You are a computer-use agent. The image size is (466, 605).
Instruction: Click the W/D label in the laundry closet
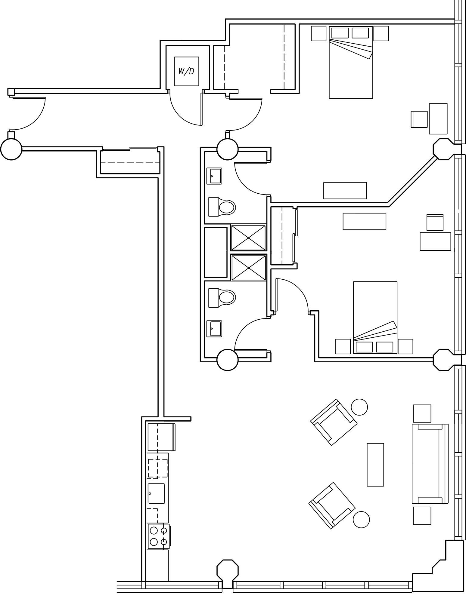(186, 72)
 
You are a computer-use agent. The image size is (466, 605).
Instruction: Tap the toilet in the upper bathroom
(222, 207)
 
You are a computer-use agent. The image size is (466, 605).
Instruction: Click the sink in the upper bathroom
(214, 176)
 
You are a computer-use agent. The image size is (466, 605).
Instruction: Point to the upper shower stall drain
(248, 238)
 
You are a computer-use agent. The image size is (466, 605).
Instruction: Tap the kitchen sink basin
(157, 493)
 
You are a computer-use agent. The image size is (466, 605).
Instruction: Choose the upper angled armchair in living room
(334, 422)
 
